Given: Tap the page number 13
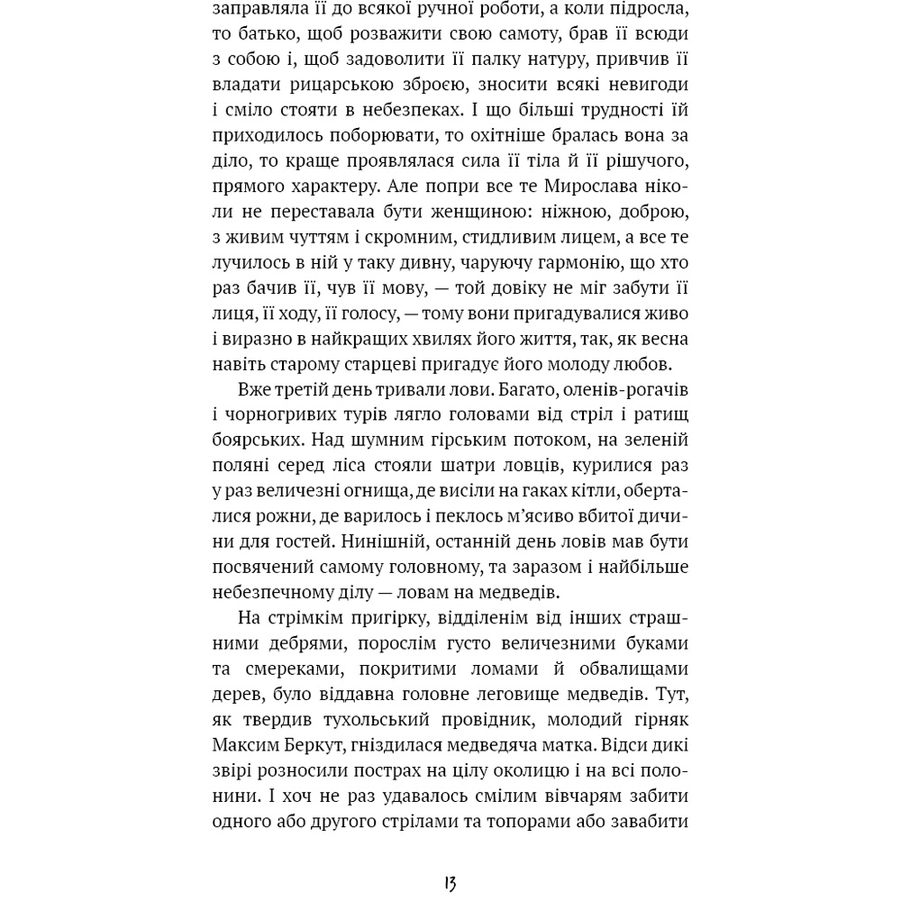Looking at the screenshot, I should coord(450,882).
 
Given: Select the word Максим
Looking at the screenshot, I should coord(249,745).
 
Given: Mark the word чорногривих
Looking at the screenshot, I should coord(289,415).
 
